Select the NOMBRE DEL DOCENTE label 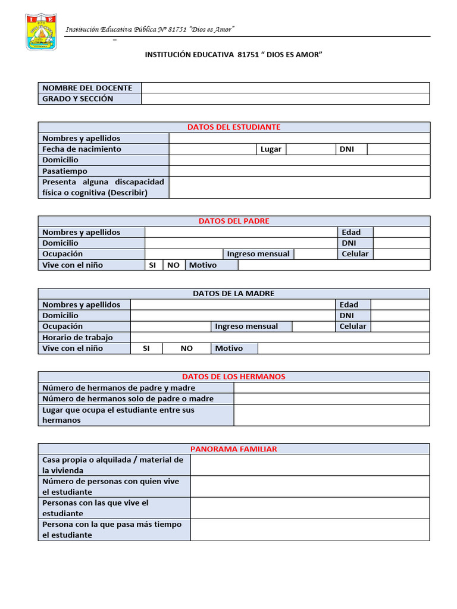click(x=87, y=88)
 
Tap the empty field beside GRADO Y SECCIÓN click(x=285, y=99)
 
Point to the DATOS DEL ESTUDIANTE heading click(x=234, y=127)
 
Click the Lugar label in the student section click(x=271, y=149)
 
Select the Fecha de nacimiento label click(x=82, y=149)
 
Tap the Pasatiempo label click(x=65, y=171)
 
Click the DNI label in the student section click(x=346, y=149)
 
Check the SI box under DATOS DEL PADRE click(x=152, y=265)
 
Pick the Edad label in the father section click(x=351, y=233)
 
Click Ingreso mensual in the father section click(x=258, y=254)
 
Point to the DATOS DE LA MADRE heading click(x=234, y=294)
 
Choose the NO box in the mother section click(x=187, y=349)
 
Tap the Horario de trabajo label click(x=77, y=338)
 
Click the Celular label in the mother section click(x=353, y=327)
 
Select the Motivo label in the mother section click(x=229, y=349)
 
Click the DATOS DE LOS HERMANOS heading click(x=234, y=377)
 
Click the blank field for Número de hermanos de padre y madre click(x=331, y=388)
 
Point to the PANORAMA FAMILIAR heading click(x=234, y=449)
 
